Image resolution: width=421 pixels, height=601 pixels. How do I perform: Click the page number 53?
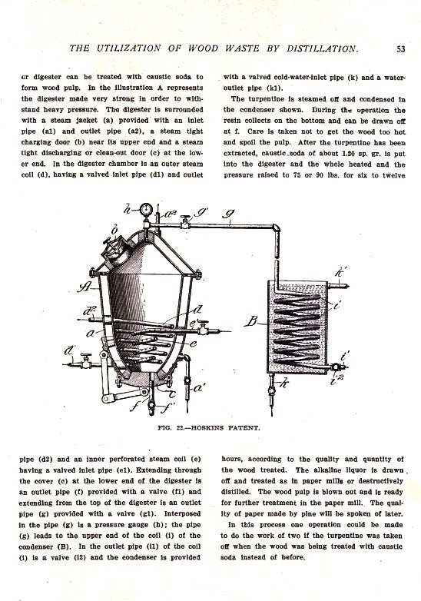(x=400, y=49)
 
